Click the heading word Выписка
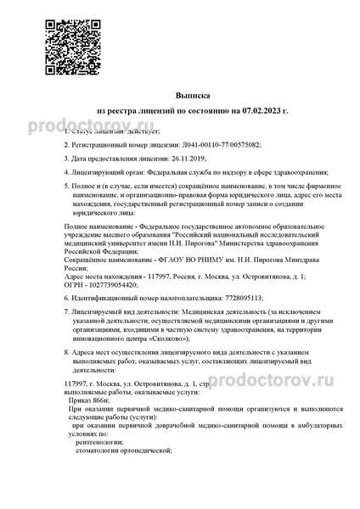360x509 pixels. (x=180, y=97)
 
